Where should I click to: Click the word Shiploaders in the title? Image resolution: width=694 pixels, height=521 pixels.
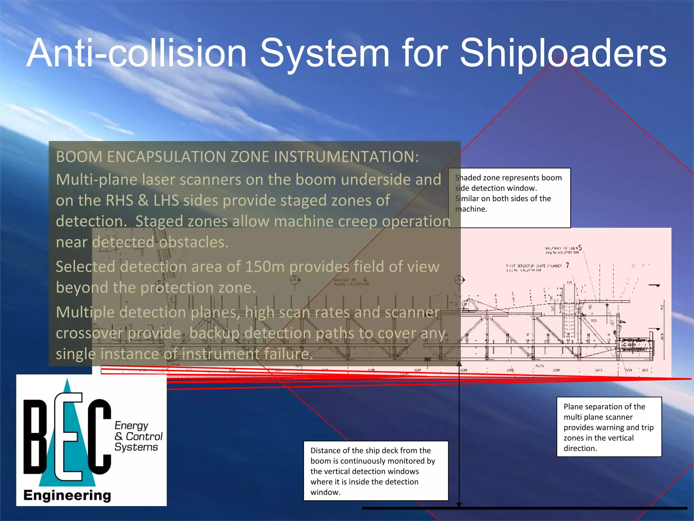click(563, 54)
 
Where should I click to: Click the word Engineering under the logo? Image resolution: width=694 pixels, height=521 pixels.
click(67, 496)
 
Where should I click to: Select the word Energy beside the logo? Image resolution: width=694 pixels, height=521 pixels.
click(131, 425)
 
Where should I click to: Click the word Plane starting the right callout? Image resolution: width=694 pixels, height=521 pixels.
click(572, 407)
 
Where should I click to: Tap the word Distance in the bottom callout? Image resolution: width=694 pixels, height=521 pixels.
click(325, 450)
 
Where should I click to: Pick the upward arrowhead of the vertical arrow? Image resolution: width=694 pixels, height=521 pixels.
click(459, 364)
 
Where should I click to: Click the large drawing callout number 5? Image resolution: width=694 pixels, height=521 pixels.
click(580, 248)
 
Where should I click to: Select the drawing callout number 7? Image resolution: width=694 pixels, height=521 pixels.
click(567, 265)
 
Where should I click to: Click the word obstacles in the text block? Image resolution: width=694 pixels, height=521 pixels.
click(194, 243)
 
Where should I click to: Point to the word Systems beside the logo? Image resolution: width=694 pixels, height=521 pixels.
click(136, 447)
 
